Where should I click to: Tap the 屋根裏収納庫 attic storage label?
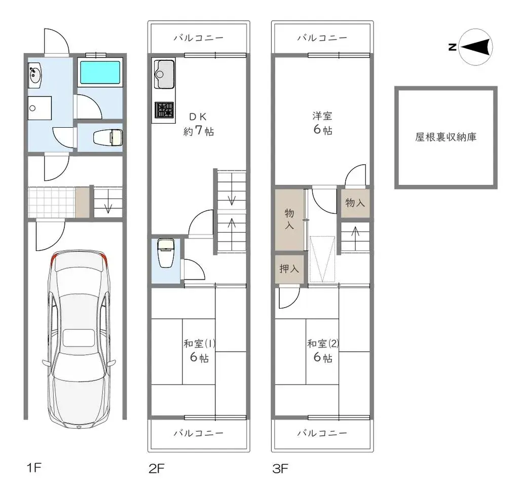coord(446,137)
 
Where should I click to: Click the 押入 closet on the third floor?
coord(289,268)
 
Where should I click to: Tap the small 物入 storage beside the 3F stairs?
coord(355,203)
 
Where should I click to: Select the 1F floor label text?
coord(33,468)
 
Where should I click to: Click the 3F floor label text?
coord(280,468)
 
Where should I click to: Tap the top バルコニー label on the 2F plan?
coord(199,38)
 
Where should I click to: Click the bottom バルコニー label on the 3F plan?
coord(322,433)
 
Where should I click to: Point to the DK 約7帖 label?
coord(198,124)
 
